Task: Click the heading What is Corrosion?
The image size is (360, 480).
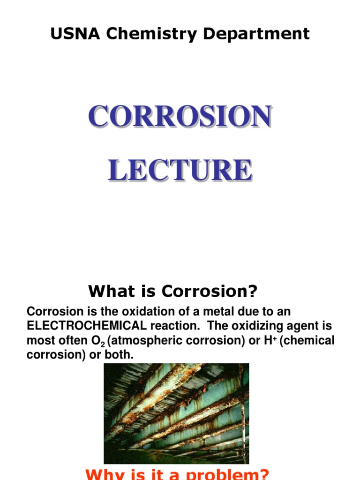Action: pos(173,292)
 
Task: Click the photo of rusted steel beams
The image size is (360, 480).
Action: pos(176,413)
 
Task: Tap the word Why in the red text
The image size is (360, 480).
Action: pos(100,474)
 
